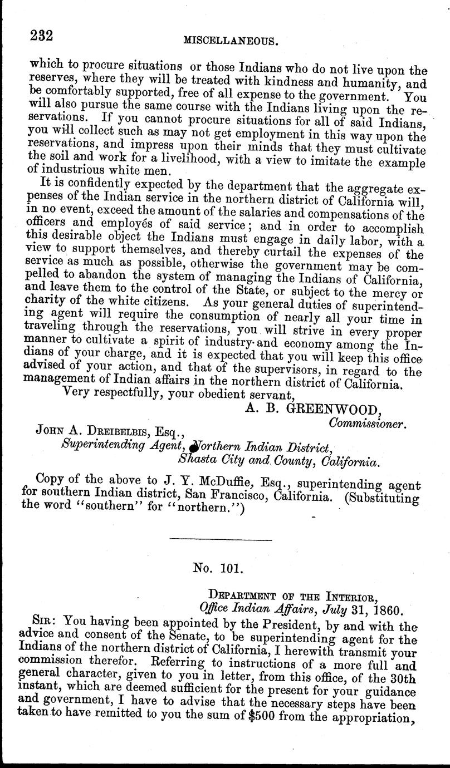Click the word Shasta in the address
[x=199, y=461]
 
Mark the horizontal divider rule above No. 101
[x=219, y=539]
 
